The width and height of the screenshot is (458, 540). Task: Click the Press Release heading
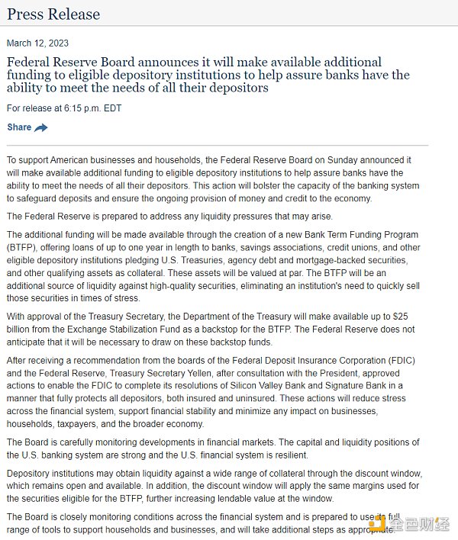click(53, 14)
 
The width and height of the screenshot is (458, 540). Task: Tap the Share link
click(19, 127)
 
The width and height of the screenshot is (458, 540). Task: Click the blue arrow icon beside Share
click(41, 127)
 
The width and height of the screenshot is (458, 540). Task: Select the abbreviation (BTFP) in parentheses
click(22, 248)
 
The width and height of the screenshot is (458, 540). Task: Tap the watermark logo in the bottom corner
click(415, 525)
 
